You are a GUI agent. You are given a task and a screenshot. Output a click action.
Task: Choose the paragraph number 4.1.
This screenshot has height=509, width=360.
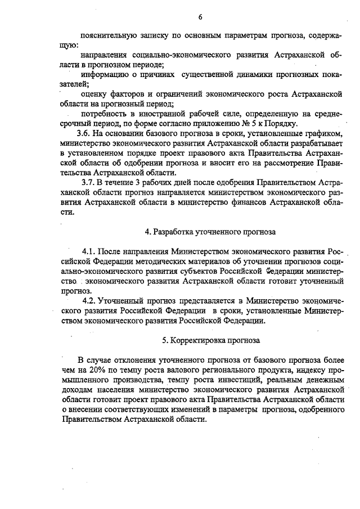coord(91,251)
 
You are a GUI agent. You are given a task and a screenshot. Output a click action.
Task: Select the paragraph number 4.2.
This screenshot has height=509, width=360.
coord(91,300)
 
